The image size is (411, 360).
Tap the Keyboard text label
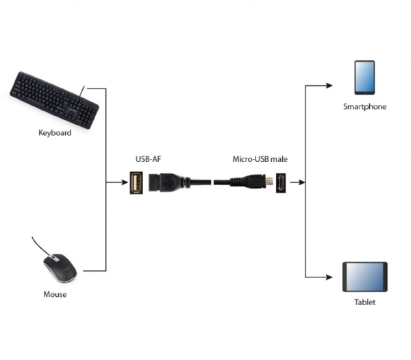click(54, 132)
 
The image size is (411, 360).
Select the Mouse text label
click(54, 295)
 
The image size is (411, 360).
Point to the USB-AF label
click(147, 159)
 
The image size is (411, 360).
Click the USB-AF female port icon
click(137, 183)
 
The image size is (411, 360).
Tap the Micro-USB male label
click(260, 159)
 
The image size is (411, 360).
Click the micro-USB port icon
click(281, 183)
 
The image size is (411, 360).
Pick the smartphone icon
click(364, 77)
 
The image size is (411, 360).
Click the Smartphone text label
click(365, 107)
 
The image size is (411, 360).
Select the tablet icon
click(364, 276)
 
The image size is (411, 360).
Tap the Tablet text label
click(364, 302)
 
